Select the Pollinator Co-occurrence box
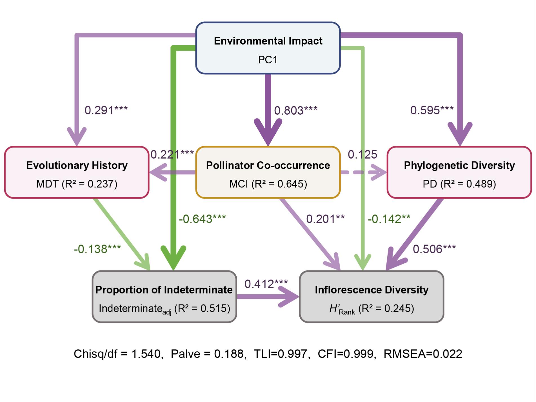[268, 172]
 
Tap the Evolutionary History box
[77, 172]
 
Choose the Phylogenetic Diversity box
[459, 172]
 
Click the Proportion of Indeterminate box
[164, 297]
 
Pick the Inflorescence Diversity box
[372, 297]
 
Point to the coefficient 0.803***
[295, 110]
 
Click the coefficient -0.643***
[202, 219]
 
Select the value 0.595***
[432, 110]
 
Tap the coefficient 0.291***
[106, 110]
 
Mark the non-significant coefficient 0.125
[362, 154]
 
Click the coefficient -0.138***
[97, 249]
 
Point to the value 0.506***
[434, 249]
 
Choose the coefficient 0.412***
[266, 284]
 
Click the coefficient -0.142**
[389, 219]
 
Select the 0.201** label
[325, 219]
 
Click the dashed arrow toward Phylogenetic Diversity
[363, 172]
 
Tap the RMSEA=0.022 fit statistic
[423, 354]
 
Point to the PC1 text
[268, 60]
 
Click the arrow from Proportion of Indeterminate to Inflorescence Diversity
[268, 297]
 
